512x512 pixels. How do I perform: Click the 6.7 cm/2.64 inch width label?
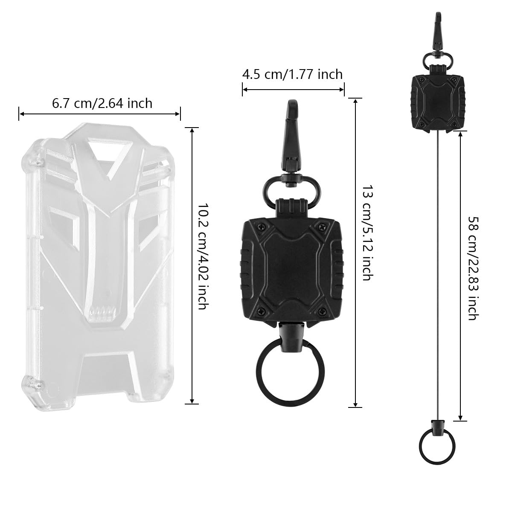coord(102,103)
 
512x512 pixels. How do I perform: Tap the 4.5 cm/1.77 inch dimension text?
coord(292,74)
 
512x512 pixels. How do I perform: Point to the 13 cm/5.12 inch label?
coord(366,233)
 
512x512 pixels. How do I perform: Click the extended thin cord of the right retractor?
coord(436,277)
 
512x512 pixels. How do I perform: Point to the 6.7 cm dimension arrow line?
coord(100,113)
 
